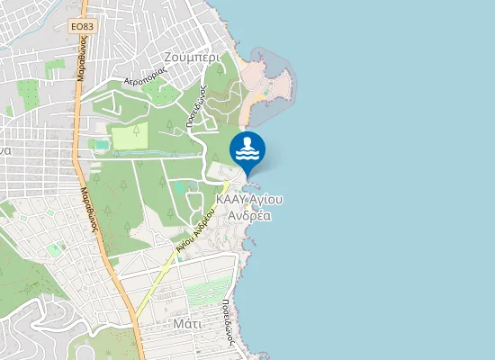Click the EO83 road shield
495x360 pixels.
tap(82, 27)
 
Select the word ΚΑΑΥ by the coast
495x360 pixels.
tap(232, 200)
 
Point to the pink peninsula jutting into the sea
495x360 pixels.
tap(274, 81)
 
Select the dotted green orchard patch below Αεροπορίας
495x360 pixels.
tap(161, 93)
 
